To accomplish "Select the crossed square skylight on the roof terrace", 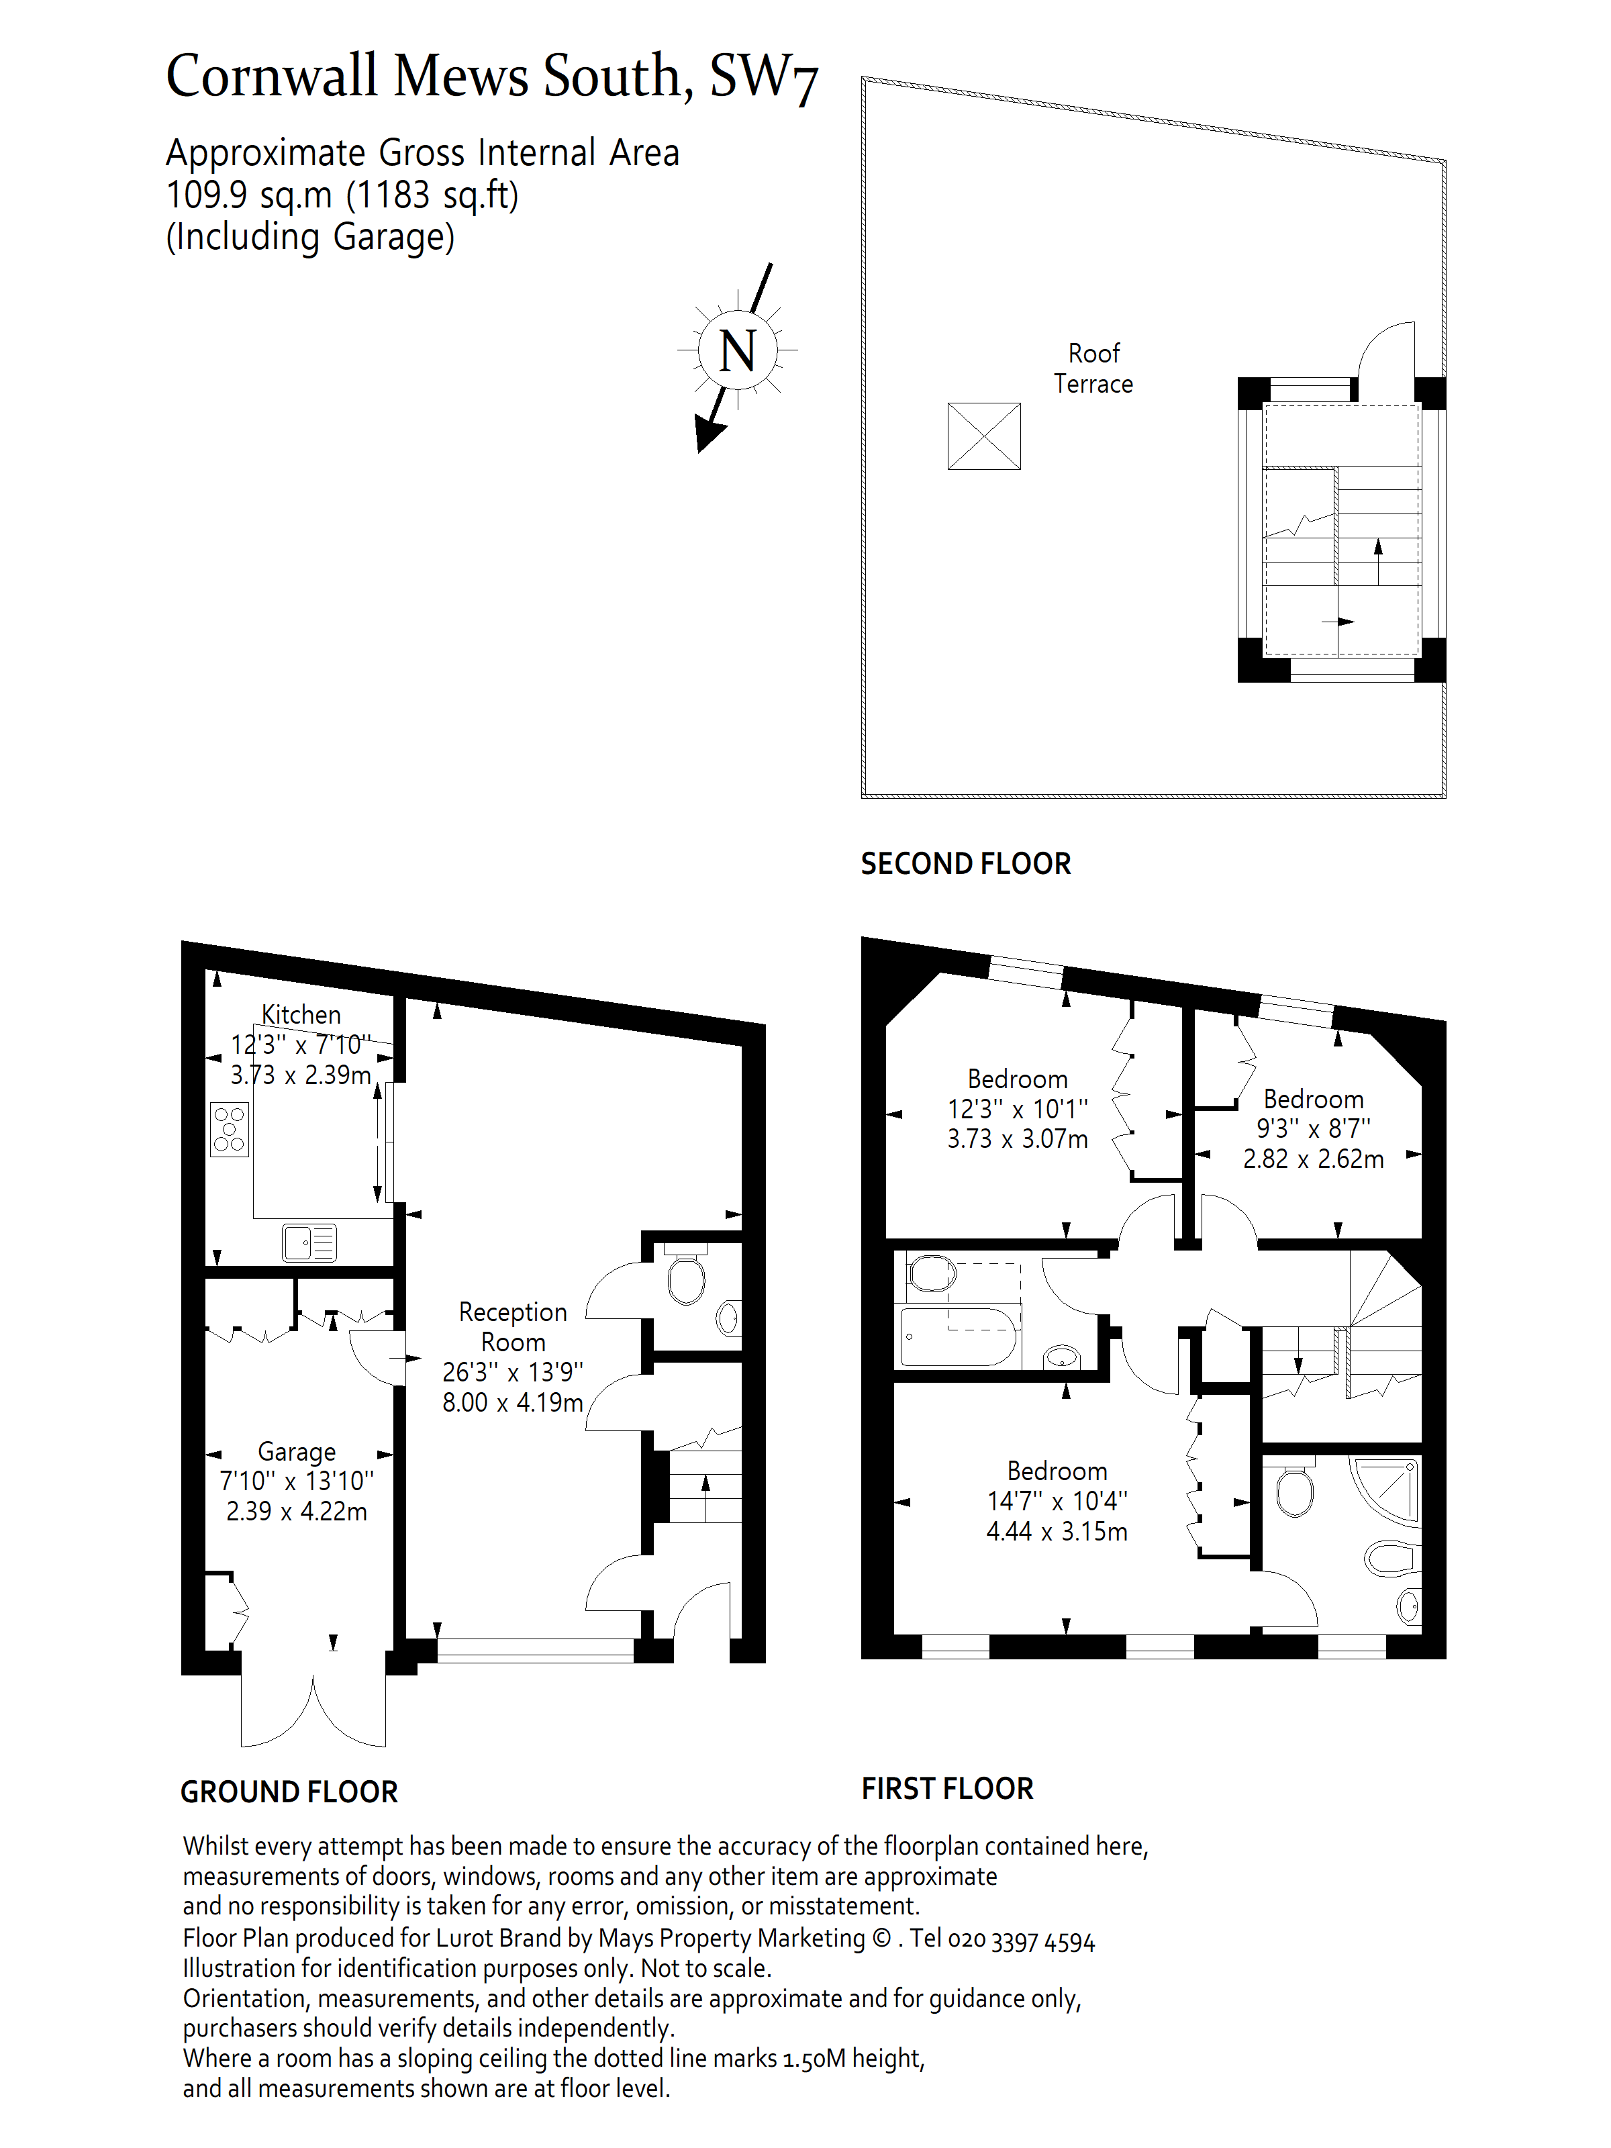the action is click(983, 436).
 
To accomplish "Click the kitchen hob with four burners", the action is click(229, 1129).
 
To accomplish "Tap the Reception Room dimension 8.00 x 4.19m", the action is click(513, 1403).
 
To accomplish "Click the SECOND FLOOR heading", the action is click(965, 863).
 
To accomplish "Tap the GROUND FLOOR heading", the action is click(289, 1792).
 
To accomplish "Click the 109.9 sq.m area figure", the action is click(250, 195).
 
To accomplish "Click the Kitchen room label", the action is click(301, 1015).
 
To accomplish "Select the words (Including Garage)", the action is click(311, 237).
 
